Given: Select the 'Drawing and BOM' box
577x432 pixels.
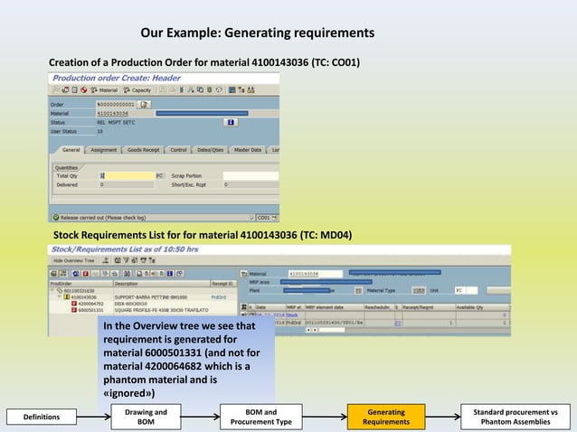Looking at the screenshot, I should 146,417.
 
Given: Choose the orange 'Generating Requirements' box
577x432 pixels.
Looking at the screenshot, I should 386,417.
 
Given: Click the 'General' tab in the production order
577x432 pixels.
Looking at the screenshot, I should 71,150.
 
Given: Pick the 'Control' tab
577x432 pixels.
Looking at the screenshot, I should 178,150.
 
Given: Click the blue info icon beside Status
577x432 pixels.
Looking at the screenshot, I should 232,121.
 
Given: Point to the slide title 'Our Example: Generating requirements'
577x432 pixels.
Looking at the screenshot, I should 257,33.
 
